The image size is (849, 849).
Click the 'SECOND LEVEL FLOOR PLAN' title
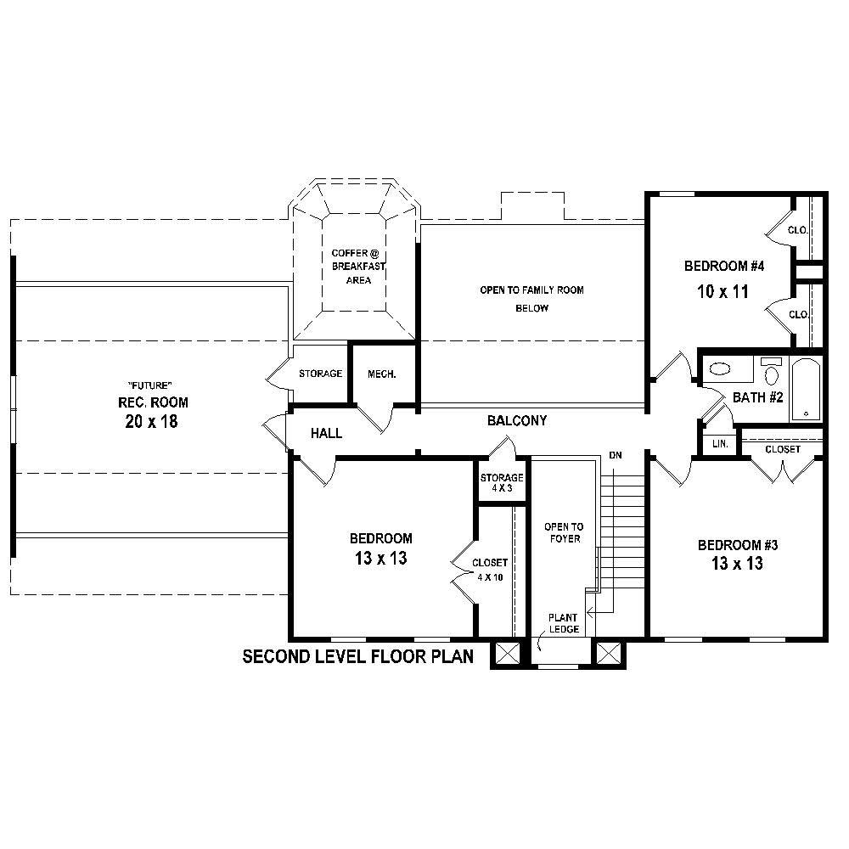[x=357, y=656]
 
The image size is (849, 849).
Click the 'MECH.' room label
[x=381, y=374]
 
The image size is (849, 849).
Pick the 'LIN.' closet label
[x=719, y=444]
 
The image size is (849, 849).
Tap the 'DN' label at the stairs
[x=616, y=456]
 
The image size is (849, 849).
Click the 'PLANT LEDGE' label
[x=564, y=623]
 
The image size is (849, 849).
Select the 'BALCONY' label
[x=516, y=420]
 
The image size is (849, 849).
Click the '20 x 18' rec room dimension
[x=152, y=422]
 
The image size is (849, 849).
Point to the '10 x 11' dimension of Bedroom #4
[x=722, y=292]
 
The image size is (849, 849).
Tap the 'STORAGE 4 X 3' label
[x=502, y=482]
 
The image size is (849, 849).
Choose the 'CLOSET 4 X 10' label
[x=490, y=570]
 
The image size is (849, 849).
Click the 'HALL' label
[x=326, y=433]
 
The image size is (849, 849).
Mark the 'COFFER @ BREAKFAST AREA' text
[x=358, y=267]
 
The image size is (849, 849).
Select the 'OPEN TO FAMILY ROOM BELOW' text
[x=531, y=299]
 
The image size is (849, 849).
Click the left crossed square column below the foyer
[x=507, y=654]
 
